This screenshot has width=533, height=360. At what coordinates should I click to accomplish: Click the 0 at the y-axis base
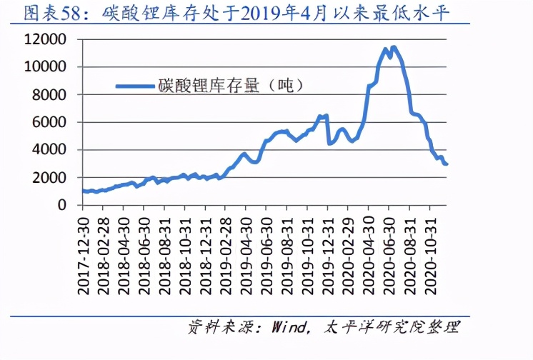click(65, 205)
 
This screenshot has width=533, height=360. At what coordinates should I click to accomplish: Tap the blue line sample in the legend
click(135, 86)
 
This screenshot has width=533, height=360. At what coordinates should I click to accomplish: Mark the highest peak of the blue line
click(394, 47)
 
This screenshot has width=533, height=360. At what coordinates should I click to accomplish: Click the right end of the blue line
click(447, 164)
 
